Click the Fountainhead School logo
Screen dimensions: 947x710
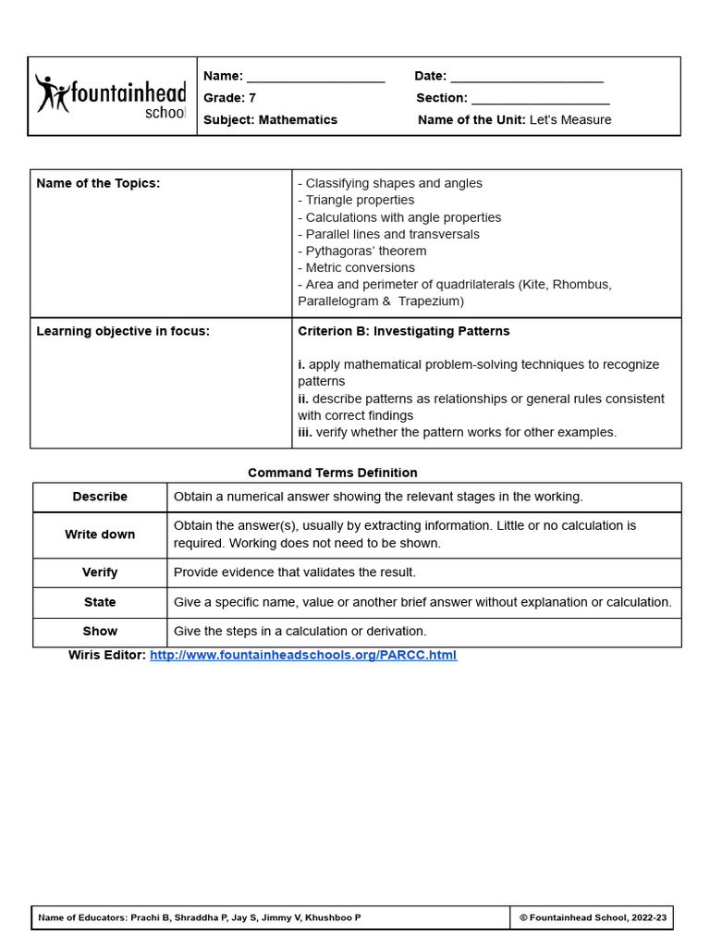point(111,96)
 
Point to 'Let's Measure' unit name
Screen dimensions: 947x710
point(570,120)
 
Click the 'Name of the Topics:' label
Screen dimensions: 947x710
point(98,183)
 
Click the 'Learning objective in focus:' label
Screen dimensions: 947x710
point(123,331)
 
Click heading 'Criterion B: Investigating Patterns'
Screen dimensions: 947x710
point(403,331)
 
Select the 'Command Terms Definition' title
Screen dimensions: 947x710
point(333,473)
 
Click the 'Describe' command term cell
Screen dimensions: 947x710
point(100,497)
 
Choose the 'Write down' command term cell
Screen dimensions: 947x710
point(100,535)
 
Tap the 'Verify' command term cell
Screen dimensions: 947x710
point(100,572)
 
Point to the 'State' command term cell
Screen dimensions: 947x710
point(100,602)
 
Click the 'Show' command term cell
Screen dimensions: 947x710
point(100,632)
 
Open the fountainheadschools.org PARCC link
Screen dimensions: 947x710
point(303,655)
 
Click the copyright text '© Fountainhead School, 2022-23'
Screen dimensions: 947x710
point(592,917)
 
